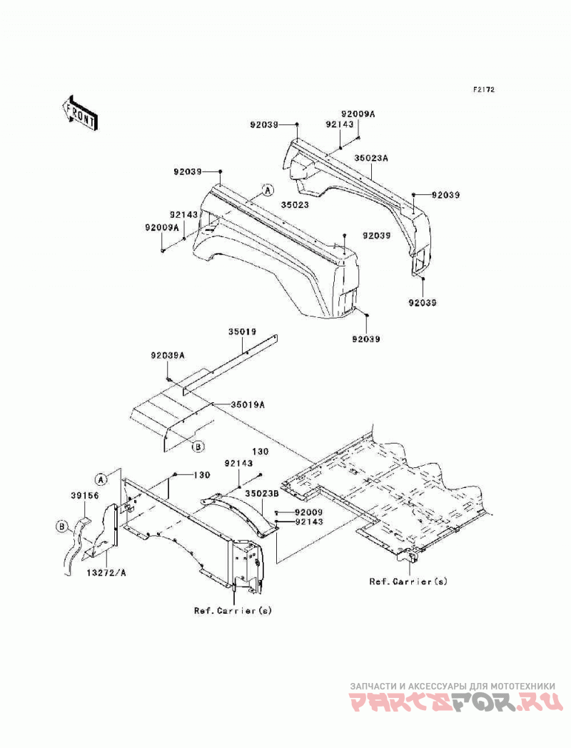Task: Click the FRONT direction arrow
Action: point(80,113)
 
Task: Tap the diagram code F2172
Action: point(483,89)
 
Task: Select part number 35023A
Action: point(371,158)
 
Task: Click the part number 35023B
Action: point(262,494)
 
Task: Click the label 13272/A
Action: point(106,573)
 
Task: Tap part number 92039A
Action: point(168,355)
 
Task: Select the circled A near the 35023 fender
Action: point(268,190)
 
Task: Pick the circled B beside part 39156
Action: point(61,527)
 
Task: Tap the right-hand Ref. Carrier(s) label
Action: point(408,582)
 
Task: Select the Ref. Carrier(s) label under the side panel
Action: point(233,610)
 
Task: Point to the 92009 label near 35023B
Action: point(309,512)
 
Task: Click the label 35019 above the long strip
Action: point(242,331)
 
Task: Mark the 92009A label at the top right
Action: point(358,114)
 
